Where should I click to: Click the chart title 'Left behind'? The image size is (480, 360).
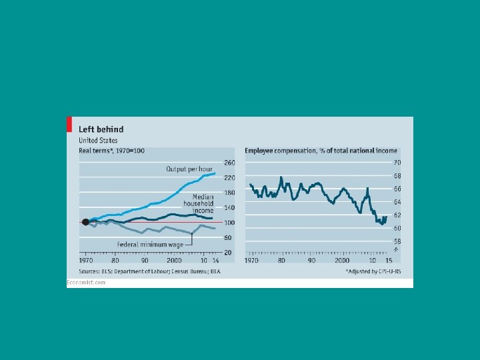[101, 129]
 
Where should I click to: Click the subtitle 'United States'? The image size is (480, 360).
[98, 141]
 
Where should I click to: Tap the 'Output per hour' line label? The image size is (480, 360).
[189, 169]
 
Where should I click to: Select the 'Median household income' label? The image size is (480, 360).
[203, 203]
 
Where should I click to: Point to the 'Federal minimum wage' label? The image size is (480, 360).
[150, 245]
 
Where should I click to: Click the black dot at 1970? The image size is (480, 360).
[85, 223]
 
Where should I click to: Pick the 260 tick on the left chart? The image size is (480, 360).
[229, 163]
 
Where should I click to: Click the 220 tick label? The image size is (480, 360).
[229, 178]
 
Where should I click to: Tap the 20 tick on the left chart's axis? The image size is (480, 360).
[228, 253]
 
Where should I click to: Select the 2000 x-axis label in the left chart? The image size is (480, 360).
[174, 260]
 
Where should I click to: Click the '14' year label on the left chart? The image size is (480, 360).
[216, 260]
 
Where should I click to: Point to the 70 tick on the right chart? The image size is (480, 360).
[396, 163]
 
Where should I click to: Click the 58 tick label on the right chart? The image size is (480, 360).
[396, 241]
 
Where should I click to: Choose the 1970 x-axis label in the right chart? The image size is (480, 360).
[251, 260]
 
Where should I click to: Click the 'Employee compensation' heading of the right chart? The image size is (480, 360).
[321, 151]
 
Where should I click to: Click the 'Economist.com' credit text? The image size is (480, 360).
[86, 283]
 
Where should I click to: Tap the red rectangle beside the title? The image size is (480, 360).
[68, 124]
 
